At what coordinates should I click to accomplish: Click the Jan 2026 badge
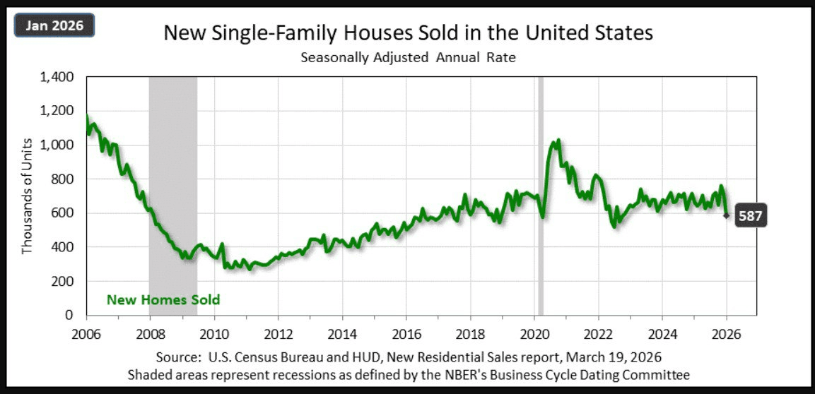54,26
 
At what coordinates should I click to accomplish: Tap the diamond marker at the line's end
726,215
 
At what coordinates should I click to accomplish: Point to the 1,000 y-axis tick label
60,145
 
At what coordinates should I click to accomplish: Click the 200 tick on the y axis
66,281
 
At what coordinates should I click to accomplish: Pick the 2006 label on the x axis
86,333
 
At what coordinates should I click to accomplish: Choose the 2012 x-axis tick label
278,333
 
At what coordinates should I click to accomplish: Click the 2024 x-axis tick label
662,333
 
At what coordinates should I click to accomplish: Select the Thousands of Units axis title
28,196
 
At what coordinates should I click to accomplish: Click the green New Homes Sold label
163,300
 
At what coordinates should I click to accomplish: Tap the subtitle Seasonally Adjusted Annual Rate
408,58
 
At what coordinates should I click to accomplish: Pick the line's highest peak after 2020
558,141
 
